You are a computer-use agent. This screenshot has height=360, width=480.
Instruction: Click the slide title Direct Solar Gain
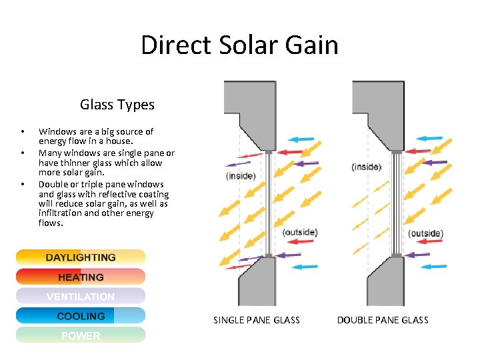239,45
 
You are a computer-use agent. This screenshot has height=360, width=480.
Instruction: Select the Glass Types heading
117,105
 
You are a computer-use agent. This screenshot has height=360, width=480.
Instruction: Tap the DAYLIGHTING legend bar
81,257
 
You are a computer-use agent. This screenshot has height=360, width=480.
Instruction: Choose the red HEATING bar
81,277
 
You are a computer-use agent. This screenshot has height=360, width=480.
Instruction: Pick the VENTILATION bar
81,296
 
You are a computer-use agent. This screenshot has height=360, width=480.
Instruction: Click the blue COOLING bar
81,316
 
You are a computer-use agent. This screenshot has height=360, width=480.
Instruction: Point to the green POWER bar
81,335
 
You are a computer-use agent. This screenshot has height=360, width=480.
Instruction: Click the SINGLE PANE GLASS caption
257,320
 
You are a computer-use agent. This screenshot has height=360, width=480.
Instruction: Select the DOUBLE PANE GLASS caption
383,320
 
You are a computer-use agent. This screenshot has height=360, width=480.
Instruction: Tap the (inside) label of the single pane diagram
241,175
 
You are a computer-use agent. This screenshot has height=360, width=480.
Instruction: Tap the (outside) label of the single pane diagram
300,232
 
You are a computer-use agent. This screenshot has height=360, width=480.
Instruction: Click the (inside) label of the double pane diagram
367,166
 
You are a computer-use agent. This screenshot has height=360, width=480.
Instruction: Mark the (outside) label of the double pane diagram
425,233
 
